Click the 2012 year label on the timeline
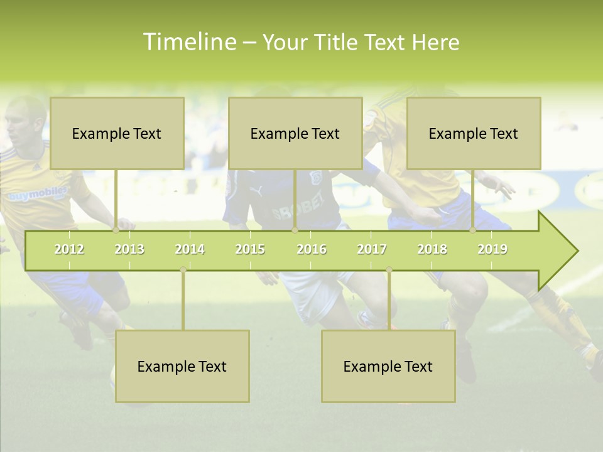click(x=69, y=250)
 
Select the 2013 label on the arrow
click(x=129, y=250)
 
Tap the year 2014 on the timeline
click(x=190, y=250)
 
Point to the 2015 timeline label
click(x=250, y=250)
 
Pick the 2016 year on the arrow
click(x=312, y=250)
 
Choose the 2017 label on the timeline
click(x=372, y=250)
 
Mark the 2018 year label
click(x=432, y=250)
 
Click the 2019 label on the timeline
click(x=492, y=250)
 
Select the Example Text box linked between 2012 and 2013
click(x=117, y=133)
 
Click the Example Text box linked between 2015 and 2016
click(x=295, y=133)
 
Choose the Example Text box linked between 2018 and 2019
click(x=474, y=133)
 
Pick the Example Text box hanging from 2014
click(x=182, y=366)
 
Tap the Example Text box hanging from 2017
click(x=388, y=366)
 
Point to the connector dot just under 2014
click(x=183, y=269)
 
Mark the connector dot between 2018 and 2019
click(x=473, y=230)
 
